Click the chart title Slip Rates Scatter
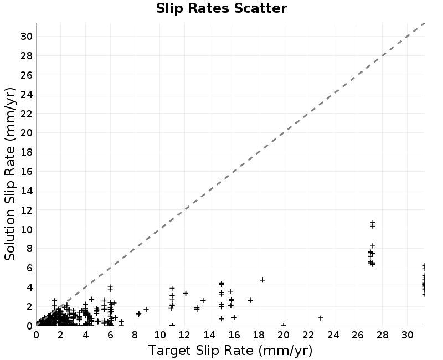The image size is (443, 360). coord(221,8)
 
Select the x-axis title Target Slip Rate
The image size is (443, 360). coord(201,351)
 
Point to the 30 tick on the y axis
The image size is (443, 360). coord(27,37)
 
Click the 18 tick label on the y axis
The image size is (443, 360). coord(27,152)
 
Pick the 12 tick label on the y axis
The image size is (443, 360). coord(27,210)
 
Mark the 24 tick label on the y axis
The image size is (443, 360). coord(27,94)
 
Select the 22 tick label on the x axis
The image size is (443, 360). coord(308,335)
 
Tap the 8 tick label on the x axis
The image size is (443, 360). coord(135,335)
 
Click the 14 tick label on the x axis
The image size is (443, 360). coord(209,335)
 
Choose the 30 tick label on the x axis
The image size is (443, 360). coord(407,335)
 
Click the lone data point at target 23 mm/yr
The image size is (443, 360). coord(321,318)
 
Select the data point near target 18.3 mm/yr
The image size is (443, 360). coord(262,280)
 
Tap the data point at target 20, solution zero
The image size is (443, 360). coord(284,325)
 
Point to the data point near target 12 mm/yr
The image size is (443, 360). coord(186,294)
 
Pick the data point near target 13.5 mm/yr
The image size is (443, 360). coord(203,300)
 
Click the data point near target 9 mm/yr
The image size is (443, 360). coord(146,310)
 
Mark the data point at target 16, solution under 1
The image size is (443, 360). coord(234,317)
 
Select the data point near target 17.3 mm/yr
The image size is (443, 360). coord(250,300)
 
